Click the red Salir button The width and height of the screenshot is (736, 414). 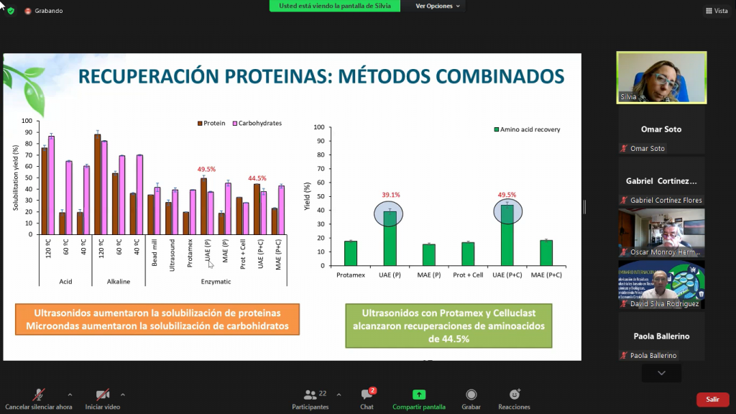tap(712, 399)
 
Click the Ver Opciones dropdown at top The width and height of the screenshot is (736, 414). tap(438, 6)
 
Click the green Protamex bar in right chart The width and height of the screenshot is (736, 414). tap(351, 253)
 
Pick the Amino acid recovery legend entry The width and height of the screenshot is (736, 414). tap(527, 129)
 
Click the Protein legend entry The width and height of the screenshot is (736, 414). tap(213, 123)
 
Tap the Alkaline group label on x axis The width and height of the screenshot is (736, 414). tap(119, 282)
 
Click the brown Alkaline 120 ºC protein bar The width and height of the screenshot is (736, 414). tap(97, 185)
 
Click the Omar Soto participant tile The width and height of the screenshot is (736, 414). tap(661, 130)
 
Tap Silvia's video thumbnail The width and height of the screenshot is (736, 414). tap(661, 78)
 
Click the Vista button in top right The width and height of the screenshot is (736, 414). tap(717, 11)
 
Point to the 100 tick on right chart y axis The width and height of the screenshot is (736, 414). tap(320, 126)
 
